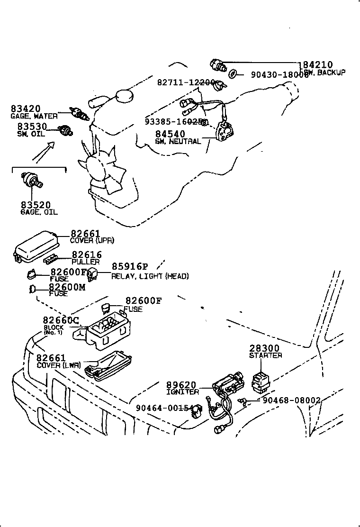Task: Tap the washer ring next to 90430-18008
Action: pyautogui.click(x=233, y=74)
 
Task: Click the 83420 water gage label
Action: pyautogui.click(x=26, y=109)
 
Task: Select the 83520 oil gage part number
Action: pyautogui.click(x=36, y=205)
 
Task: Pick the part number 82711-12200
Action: pyautogui.click(x=186, y=82)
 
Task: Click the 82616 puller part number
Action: pyautogui.click(x=86, y=255)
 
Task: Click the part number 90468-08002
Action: pyautogui.click(x=292, y=400)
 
